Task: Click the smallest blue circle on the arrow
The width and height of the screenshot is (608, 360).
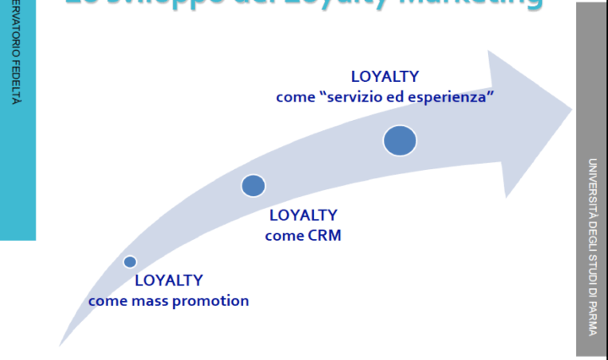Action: coord(129,262)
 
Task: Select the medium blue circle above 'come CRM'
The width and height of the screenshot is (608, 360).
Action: coord(253,186)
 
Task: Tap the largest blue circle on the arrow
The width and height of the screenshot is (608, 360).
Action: coord(400,140)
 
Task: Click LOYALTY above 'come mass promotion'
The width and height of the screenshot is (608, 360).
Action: coord(169,281)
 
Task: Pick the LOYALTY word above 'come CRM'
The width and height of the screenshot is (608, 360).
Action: coord(302,215)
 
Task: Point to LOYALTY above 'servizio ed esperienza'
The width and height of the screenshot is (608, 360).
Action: coord(384,76)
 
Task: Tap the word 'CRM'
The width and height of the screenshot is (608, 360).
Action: coord(324,236)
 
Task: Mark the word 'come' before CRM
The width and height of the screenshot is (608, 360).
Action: coord(284,236)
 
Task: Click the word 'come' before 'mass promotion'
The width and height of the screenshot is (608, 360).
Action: coord(107,301)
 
